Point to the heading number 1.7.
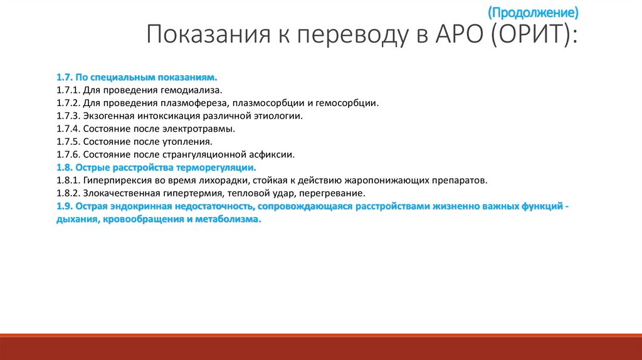click(64, 77)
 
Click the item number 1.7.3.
click(67, 116)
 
